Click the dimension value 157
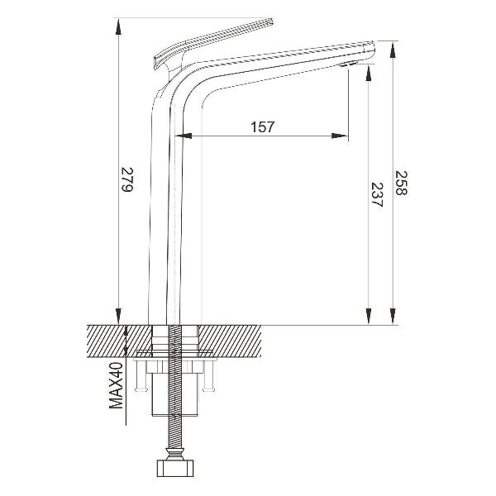click(x=262, y=126)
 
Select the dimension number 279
click(x=127, y=179)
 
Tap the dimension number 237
click(x=377, y=194)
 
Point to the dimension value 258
click(x=401, y=183)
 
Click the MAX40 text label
click(x=116, y=385)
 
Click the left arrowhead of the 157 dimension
click(x=184, y=136)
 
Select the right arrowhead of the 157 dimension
click(x=340, y=136)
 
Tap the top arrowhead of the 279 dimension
click(x=118, y=26)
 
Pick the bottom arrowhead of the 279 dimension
click(x=118, y=316)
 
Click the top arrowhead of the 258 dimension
click(x=393, y=50)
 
